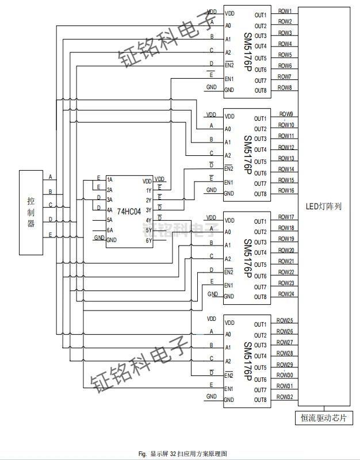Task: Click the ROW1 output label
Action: tap(285, 11)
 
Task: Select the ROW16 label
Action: tap(286, 190)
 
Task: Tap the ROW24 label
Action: tap(286, 294)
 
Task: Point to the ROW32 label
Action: tap(285, 397)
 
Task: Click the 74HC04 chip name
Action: tap(129, 212)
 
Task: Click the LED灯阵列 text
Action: tap(323, 206)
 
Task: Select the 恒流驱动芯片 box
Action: tap(323, 418)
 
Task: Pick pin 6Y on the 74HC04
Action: tap(148, 240)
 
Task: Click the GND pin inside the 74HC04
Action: tap(112, 240)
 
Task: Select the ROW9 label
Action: tap(286, 114)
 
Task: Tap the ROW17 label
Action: tap(286, 217)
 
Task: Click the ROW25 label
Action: tap(285, 320)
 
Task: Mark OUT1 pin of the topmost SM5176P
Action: tap(261, 15)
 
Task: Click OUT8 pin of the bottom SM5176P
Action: tap(261, 400)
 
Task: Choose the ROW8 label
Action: tap(285, 87)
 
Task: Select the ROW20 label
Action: tap(286, 250)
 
